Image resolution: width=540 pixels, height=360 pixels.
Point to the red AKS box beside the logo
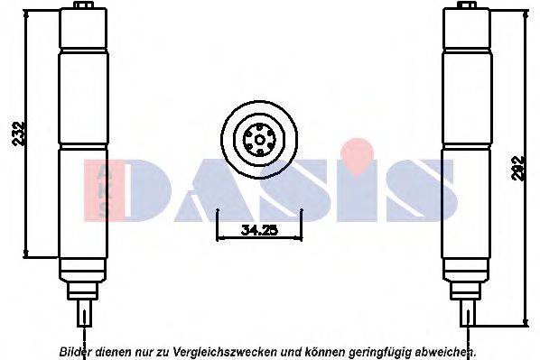pyautogui.click(x=102, y=190)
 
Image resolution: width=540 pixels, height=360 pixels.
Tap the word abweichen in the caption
pyautogui.click(x=445, y=350)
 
